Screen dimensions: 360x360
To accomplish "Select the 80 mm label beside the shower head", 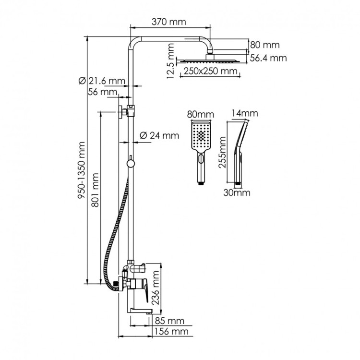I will [264, 45].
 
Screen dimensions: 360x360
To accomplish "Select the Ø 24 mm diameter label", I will [159, 135].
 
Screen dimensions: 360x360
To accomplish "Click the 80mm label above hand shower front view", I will [200, 115].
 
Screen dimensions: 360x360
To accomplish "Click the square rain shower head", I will [209, 60].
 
